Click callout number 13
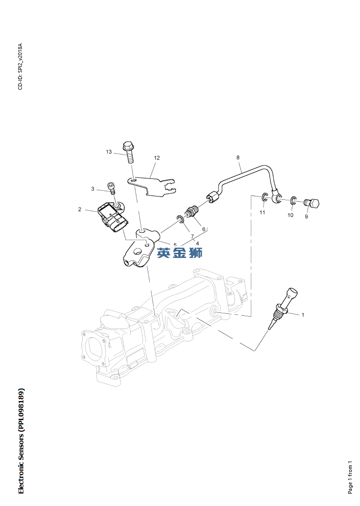point(109,152)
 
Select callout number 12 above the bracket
point(156,158)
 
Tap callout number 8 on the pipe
point(238,157)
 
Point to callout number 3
point(93,189)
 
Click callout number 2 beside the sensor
point(80,209)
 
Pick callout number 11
point(262,212)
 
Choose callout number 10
point(290,215)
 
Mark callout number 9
point(306,217)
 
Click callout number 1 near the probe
point(302,315)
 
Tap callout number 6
point(204,229)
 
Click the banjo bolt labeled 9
point(312,204)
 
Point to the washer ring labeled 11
point(264,196)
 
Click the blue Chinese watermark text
point(180,253)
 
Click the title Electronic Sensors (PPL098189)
point(21,441)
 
